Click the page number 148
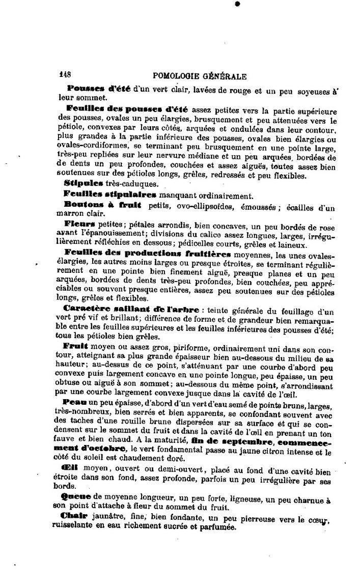[66, 76]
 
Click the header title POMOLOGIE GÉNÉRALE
[196, 76]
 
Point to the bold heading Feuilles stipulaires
[109, 194]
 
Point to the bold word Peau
[75, 403]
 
